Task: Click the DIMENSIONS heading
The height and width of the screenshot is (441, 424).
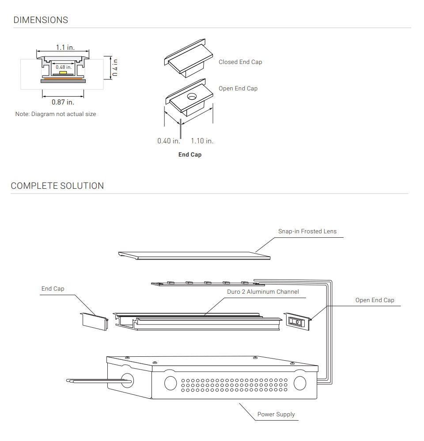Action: tap(41, 20)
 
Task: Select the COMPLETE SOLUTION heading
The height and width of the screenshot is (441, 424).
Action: tap(57, 186)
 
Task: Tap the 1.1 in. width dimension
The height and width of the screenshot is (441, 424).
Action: tap(65, 47)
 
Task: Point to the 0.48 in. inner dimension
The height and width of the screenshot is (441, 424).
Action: tap(63, 67)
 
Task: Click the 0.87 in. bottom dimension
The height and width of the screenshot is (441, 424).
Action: tap(63, 102)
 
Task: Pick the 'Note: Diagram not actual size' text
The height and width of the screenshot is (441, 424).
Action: tap(56, 114)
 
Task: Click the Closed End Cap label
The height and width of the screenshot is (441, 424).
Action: tap(240, 62)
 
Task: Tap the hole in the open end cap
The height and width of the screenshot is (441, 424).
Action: tap(192, 97)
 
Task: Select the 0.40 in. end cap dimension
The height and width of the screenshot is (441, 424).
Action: tap(169, 141)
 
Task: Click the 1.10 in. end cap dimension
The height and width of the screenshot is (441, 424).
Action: tap(202, 141)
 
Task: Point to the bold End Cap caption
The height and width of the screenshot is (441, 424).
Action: tap(190, 155)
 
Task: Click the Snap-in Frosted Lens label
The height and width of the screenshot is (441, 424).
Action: tap(307, 232)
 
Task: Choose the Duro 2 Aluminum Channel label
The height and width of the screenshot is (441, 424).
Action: tap(263, 292)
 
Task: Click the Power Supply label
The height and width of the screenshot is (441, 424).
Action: tap(276, 415)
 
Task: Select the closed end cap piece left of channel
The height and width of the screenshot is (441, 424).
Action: tap(94, 321)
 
